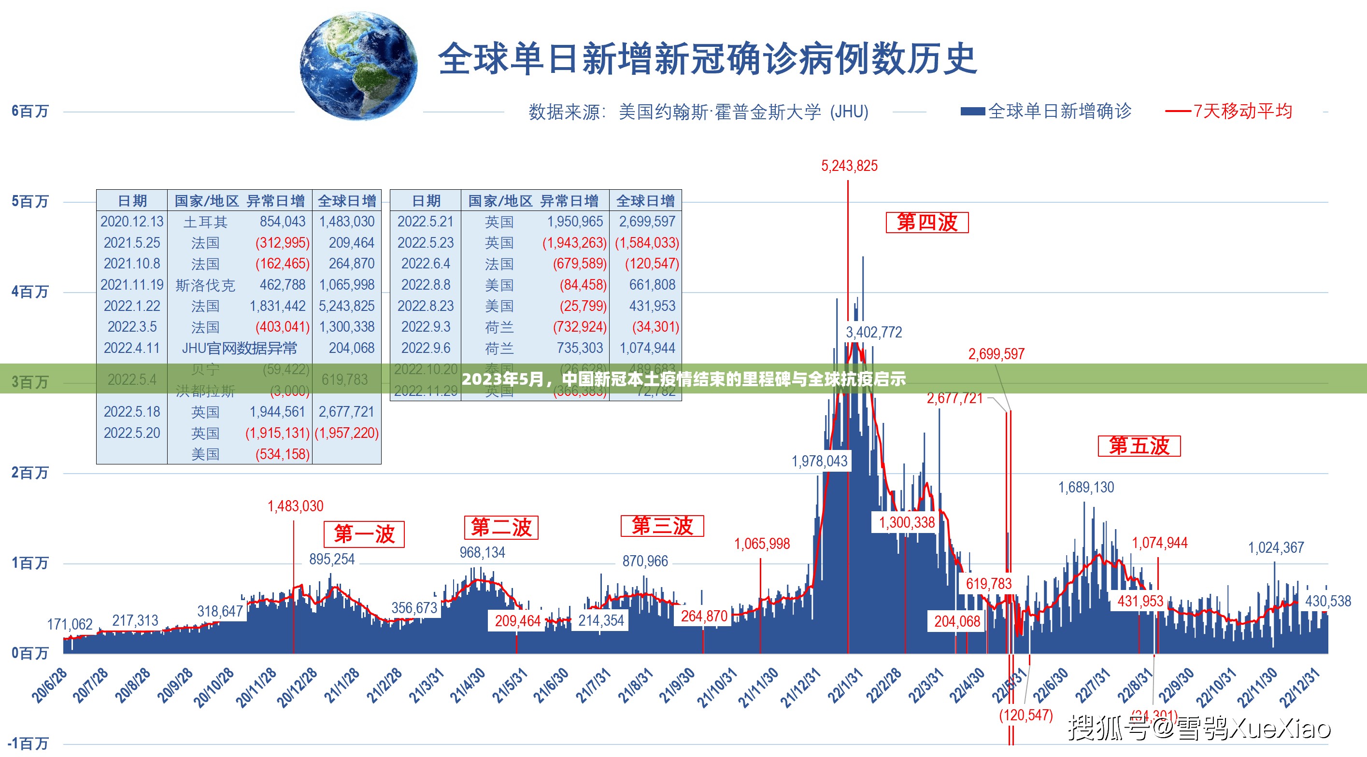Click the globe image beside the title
pyautogui.click(x=359, y=66)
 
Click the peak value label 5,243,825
pyautogui.click(x=849, y=166)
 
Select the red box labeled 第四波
pyautogui.click(x=926, y=222)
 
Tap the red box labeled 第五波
pyautogui.click(x=1139, y=446)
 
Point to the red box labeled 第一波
pyautogui.click(x=364, y=534)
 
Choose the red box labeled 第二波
pyautogui.click(x=501, y=527)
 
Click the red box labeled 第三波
pyautogui.click(x=662, y=526)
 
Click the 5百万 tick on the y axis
pyautogui.click(x=30, y=202)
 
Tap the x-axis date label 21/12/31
pyautogui.click(x=800, y=688)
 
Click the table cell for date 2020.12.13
pyautogui.click(x=132, y=222)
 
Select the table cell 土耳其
pyautogui.click(x=205, y=222)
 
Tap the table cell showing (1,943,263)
pyautogui.click(x=574, y=243)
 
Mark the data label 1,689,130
pyautogui.click(x=1086, y=487)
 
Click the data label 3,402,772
pyautogui.click(x=873, y=332)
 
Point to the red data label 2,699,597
pyautogui.click(x=996, y=354)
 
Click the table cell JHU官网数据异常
pyautogui.click(x=239, y=349)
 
